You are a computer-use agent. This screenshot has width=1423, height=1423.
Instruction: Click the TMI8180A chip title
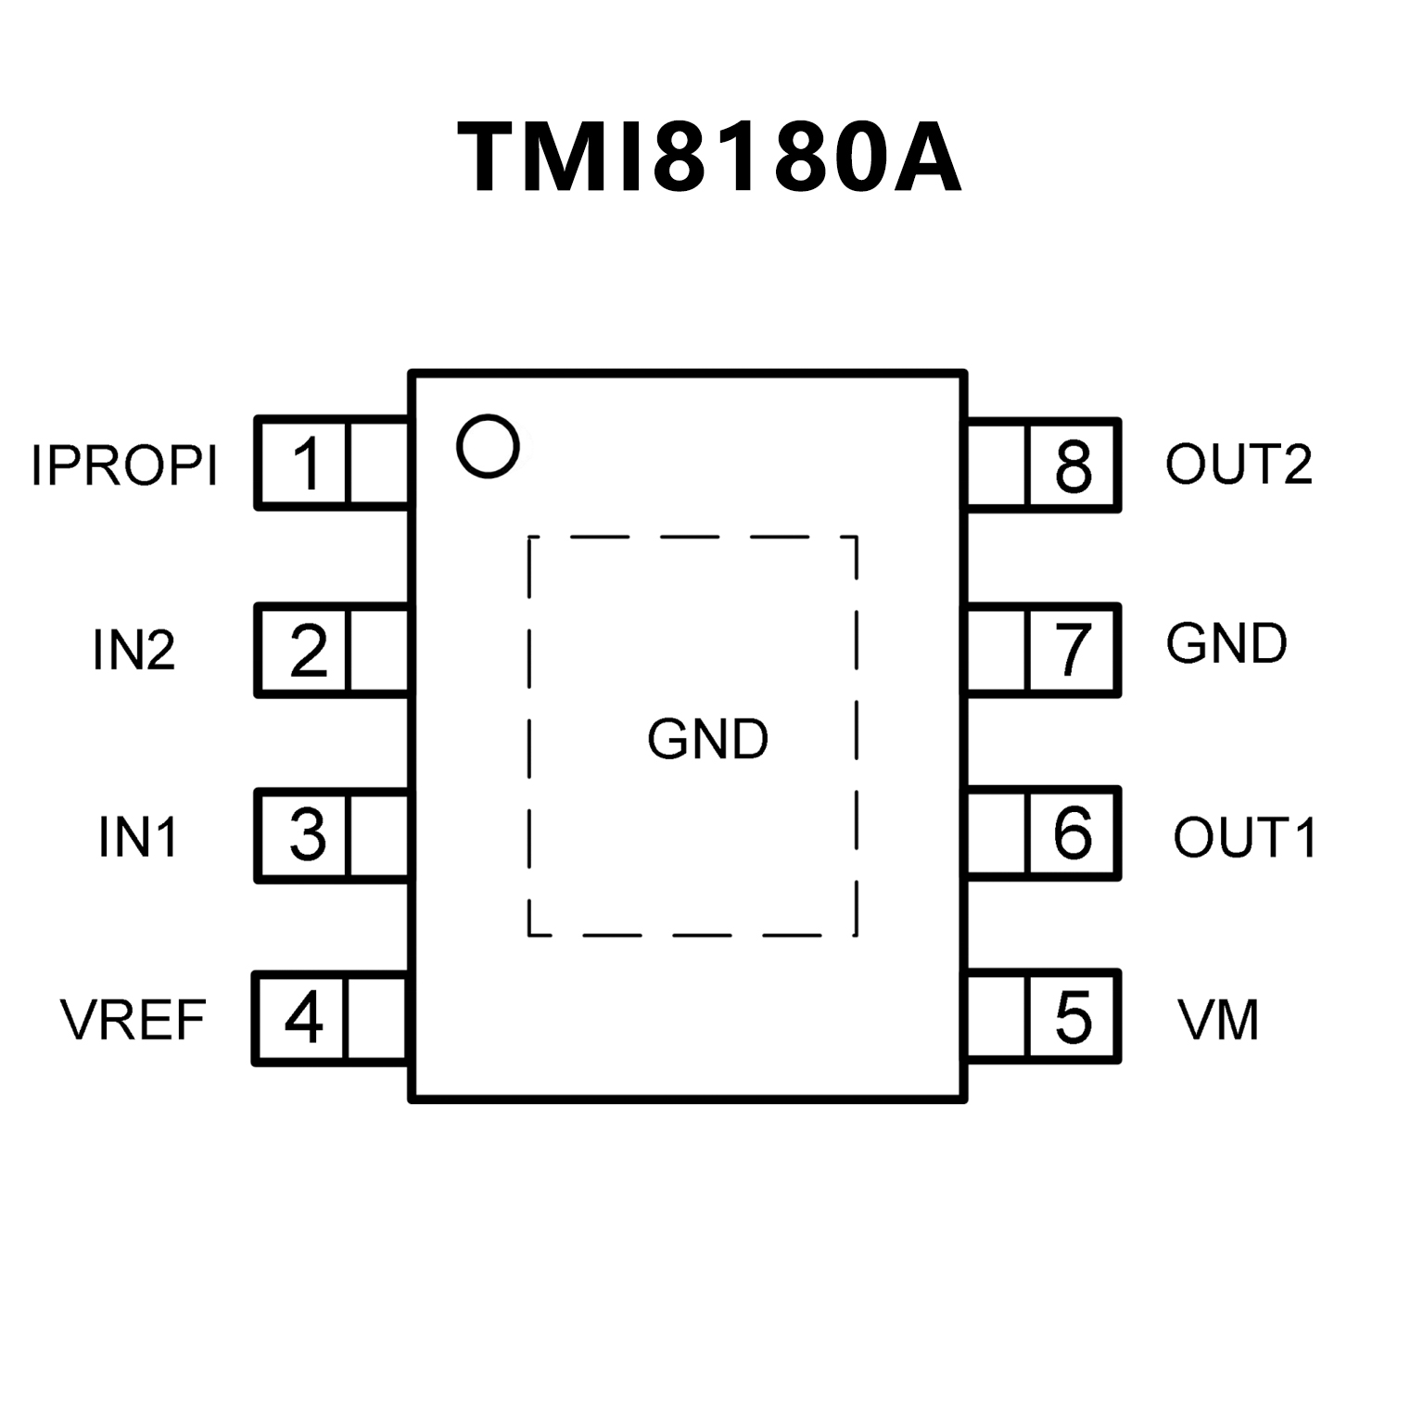[709, 158]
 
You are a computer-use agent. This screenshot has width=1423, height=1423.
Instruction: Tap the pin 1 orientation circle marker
[488, 447]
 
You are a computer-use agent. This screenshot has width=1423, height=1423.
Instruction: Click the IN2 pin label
[133, 650]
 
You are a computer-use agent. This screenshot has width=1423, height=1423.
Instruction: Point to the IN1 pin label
[138, 836]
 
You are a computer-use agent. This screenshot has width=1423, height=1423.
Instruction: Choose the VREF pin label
[133, 1020]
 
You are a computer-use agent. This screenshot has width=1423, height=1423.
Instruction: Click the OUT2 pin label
[1239, 464]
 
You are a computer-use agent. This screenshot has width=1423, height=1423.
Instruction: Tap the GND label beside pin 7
[1226, 644]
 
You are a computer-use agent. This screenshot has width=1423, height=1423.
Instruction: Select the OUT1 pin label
[1244, 837]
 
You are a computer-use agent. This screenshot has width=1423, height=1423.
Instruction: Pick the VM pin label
[1218, 1020]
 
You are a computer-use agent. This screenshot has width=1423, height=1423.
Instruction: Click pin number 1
[307, 464]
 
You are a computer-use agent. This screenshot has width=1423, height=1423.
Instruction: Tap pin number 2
[309, 651]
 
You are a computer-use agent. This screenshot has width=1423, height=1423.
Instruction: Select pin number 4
[304, 1019]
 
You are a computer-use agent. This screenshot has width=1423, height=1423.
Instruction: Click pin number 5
[1074, 1018]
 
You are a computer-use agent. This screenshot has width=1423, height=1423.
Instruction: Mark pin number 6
[1073, 832]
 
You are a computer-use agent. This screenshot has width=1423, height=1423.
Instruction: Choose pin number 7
[1074, 650]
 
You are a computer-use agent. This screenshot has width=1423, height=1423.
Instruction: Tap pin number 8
[1074, 466]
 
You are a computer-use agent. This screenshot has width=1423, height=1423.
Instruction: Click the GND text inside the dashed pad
[708, 740]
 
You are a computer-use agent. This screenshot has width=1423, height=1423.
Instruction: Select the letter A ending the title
[927, 158]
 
